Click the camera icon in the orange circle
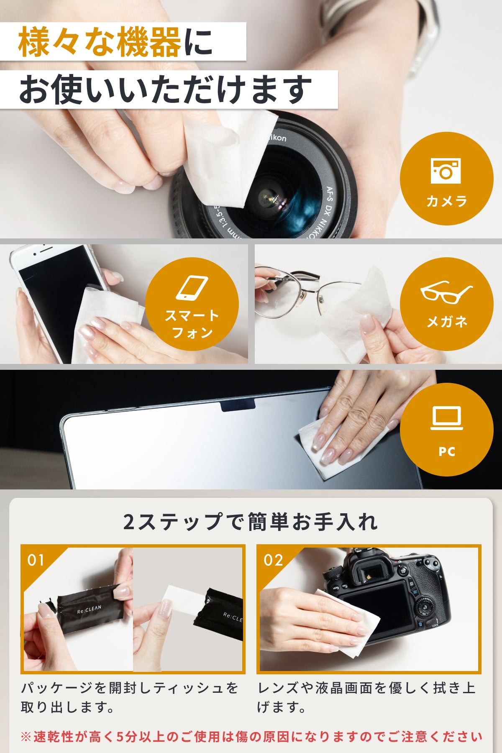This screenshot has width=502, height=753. click(x=446, y=171)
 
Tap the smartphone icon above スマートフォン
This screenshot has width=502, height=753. click(x=192, y=288)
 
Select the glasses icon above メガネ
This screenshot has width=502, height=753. click(x=446, y=292)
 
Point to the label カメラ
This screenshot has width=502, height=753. click(x=446, y=202)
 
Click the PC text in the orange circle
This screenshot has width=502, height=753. click(x=447, y=452)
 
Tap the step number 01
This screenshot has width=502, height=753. click(x=36, y=560)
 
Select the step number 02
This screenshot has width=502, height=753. click(x=273, y=560)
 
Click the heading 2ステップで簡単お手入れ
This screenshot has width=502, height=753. click(x=251, y=522)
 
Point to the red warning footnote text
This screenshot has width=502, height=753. click(x=251, y=737)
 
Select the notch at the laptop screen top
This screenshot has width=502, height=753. click(x=238, y=405)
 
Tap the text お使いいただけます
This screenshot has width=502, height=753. click(x=166, y=90)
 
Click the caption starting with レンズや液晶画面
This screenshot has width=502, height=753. click(x=366, y=697)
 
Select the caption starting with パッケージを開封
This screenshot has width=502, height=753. click(x=130, y=697)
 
